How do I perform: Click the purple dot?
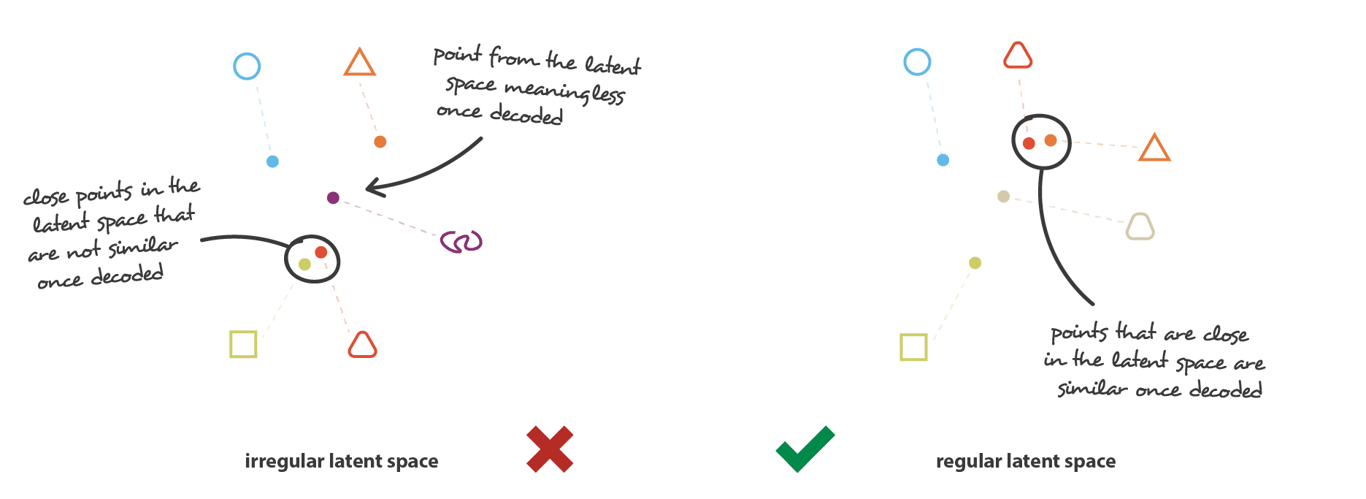333,197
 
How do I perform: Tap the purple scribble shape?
461,242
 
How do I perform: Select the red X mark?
550,449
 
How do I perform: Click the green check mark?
805,449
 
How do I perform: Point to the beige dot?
1004,197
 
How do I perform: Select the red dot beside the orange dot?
1029,143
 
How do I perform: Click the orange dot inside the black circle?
1051,140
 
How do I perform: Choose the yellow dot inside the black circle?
304,264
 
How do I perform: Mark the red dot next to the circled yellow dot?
321,252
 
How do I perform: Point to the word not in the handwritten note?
83,252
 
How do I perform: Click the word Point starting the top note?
458,55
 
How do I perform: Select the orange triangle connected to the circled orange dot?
1154,148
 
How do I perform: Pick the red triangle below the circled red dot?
363,345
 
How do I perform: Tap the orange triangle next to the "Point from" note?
360,63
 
